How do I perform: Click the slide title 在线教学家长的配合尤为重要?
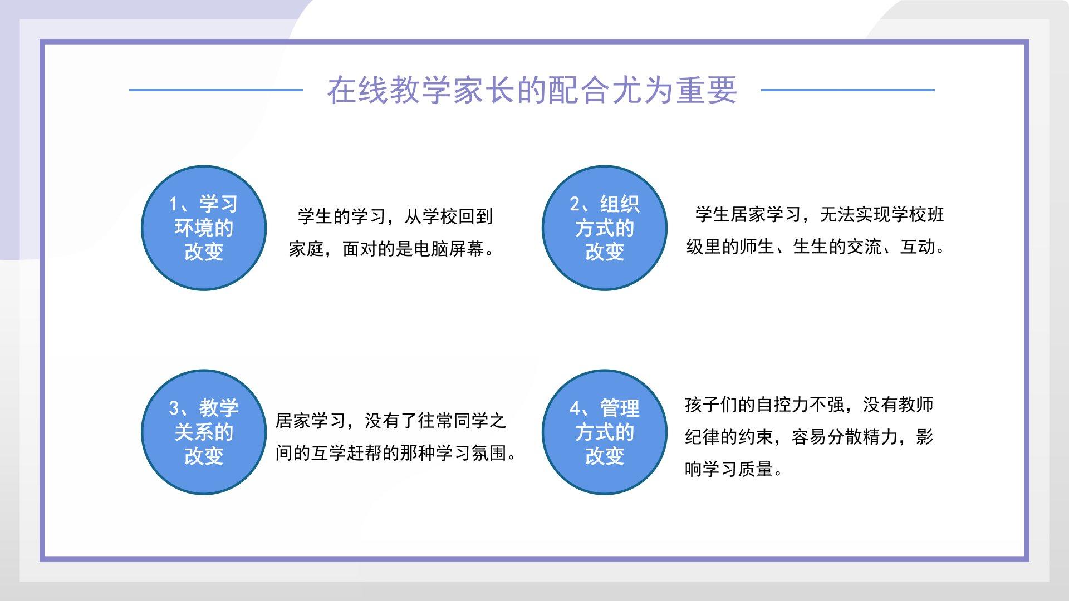tap(532, 90)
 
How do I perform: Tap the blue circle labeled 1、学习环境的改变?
tap(204, 228)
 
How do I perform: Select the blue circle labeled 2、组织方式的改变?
tap(605, 228)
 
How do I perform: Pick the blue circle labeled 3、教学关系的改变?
tap(204, 432)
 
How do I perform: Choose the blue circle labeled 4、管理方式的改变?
tap(605, 432)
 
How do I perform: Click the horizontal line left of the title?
tap(216, 90)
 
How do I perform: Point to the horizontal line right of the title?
tap(847, 90)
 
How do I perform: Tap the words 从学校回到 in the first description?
tap(449, 216)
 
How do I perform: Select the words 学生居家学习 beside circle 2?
tap(748, 214)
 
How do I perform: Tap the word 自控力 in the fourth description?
tap(783, 405)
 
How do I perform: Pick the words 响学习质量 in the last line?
tap(729, 469)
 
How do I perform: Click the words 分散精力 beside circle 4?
tap(863, 437)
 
